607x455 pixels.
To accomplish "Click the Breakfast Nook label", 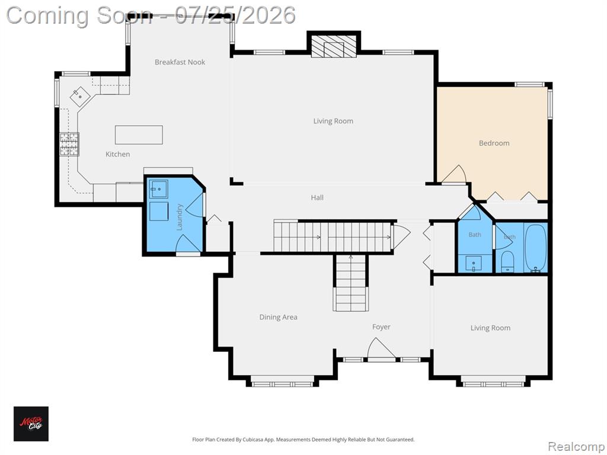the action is point(180,62).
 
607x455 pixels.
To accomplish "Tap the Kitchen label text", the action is point(118,154).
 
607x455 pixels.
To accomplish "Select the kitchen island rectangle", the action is point(139,134).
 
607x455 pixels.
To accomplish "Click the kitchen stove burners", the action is point(69,144).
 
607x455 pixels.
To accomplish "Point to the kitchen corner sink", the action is point(80,97).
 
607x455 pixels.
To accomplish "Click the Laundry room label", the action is point(179,217).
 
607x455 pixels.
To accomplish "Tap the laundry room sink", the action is point(159,189).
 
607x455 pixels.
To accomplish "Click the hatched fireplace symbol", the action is point(334,46).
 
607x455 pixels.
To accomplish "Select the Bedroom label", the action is point(494,143).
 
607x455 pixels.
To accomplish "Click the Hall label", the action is point(317,198).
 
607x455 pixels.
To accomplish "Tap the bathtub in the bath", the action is point(535,248).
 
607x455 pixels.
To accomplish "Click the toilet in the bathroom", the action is point(507,261).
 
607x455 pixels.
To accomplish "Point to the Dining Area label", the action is point(279,318).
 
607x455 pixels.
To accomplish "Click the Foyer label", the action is point(381,327).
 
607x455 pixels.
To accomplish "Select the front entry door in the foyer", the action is point(381,350).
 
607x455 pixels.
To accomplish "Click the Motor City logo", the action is point(31,424).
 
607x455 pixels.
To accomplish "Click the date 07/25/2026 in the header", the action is point(235,15).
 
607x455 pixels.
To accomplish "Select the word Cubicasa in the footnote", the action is point(251,440).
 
